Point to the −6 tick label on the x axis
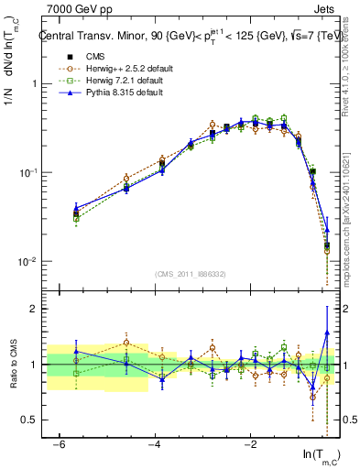60,444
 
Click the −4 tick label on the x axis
155,444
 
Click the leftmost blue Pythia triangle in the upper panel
76,208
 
